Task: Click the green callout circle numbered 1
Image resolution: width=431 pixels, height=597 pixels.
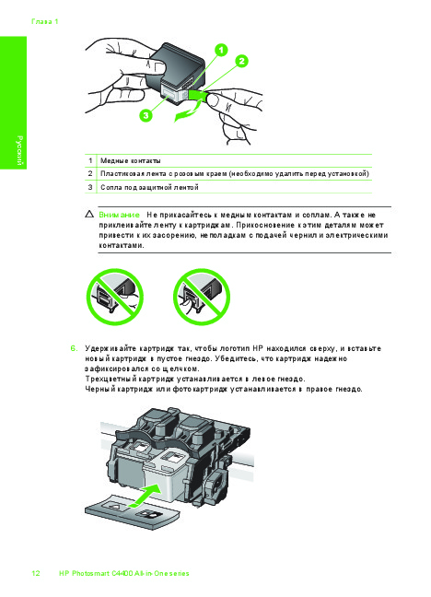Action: (x=221, y=50)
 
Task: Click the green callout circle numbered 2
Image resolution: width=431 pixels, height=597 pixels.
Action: (x=241, y=61)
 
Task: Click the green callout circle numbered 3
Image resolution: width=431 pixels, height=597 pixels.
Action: (x=146, y=114)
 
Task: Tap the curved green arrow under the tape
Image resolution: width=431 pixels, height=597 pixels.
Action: (x=188, y=112)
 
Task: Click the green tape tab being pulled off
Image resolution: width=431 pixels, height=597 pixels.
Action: (x=197, y=96)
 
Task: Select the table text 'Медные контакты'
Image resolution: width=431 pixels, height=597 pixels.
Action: (x=131, y=160)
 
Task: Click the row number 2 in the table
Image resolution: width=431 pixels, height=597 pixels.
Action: (x=90, y=173)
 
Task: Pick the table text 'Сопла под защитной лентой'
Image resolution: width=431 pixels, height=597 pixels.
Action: (x=149, y=187)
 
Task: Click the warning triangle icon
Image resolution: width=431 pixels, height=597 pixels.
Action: (x=90, y=214)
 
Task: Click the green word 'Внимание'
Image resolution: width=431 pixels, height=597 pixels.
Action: (x=119, y=215)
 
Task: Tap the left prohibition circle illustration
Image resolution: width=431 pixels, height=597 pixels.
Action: (x=114, y=297)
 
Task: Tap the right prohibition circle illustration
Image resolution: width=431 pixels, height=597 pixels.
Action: (x=202, y=297)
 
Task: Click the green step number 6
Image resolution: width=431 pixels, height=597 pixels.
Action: (x=74, y=348)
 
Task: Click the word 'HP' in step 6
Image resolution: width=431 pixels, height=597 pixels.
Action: (x=258, y=348)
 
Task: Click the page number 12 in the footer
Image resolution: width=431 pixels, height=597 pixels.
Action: (x=36, y=573)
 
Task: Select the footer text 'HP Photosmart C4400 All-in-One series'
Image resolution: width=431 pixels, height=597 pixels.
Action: (x=124, y=573)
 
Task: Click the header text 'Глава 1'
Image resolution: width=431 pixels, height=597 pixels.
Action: (x=45, y=22)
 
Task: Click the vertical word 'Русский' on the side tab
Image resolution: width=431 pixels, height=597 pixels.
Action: (x=19, y=150)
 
